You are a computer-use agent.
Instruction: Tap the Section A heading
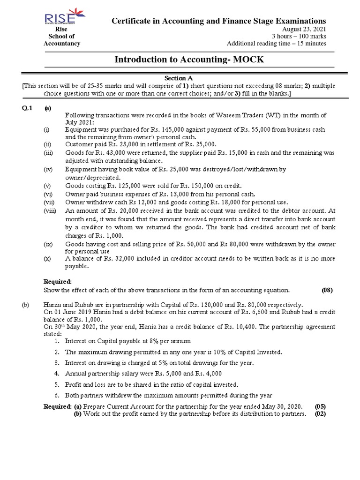coord(178,78)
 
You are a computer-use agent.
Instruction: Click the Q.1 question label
coord(28,108)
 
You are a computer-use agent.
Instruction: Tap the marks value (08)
coord(327,290)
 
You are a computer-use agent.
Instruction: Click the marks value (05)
coord(321,405)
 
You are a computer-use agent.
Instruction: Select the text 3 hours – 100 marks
coord(300,37)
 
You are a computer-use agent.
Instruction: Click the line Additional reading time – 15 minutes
coord(277,44)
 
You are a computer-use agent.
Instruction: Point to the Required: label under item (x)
coord(58,282)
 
